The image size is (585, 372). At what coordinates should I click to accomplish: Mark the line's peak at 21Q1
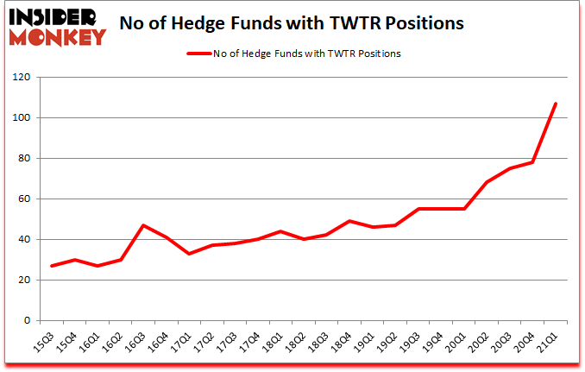pyautogui.click(x=556, y=104)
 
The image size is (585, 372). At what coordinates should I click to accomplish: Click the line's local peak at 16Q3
pyautogui.click(x=143, y=225)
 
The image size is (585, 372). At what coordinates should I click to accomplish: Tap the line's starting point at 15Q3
pyautogui.click(x=52, y=266)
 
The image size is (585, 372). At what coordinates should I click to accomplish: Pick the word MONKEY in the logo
pyautogui.click(x=58, y=36)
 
